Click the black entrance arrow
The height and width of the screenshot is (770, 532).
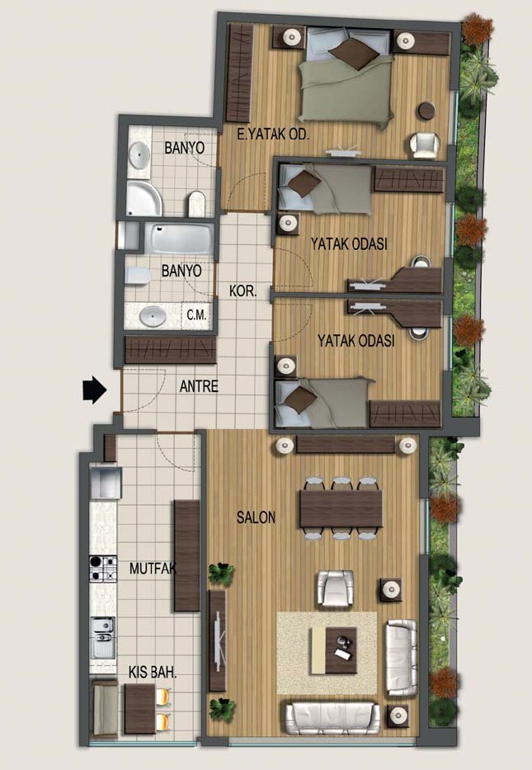point(95,390)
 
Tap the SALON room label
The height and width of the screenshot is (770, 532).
point(257,517)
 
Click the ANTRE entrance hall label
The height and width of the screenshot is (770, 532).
point(199,386)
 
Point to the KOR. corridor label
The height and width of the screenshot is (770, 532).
point(243,291)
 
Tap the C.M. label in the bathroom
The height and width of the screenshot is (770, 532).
point(197,314)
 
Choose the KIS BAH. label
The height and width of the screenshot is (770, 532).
point(153,673)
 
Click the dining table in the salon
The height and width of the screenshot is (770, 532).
point(341,508)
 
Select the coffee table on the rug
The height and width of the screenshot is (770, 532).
point(334,650)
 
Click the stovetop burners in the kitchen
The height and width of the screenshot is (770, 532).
point(103,568)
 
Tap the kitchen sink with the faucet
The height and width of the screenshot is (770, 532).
point(103,637)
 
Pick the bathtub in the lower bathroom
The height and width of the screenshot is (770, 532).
point(181,239)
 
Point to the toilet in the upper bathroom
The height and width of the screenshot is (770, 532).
point(196,204)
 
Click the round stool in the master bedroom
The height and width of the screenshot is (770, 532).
point(426,111)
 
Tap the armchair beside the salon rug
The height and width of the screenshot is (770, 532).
point(335,588)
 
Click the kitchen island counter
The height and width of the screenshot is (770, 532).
point(187,555)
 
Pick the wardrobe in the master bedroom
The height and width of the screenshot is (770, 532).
point(239,73)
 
